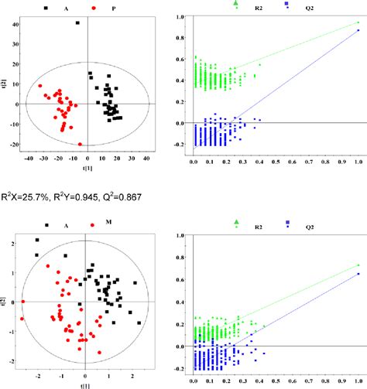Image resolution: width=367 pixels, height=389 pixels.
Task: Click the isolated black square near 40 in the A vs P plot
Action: (78, 23)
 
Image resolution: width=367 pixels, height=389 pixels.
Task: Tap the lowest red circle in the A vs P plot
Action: (81, 144)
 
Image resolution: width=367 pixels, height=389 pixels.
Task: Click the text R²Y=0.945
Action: (77, 189)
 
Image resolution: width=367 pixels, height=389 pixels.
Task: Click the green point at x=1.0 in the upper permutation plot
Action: (358, 22)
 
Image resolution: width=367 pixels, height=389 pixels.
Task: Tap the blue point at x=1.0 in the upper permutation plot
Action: (358, 31)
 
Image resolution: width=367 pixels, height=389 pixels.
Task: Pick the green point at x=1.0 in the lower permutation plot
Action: (358, 264)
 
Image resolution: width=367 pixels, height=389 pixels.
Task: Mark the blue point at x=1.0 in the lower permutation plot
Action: (358, 274)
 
